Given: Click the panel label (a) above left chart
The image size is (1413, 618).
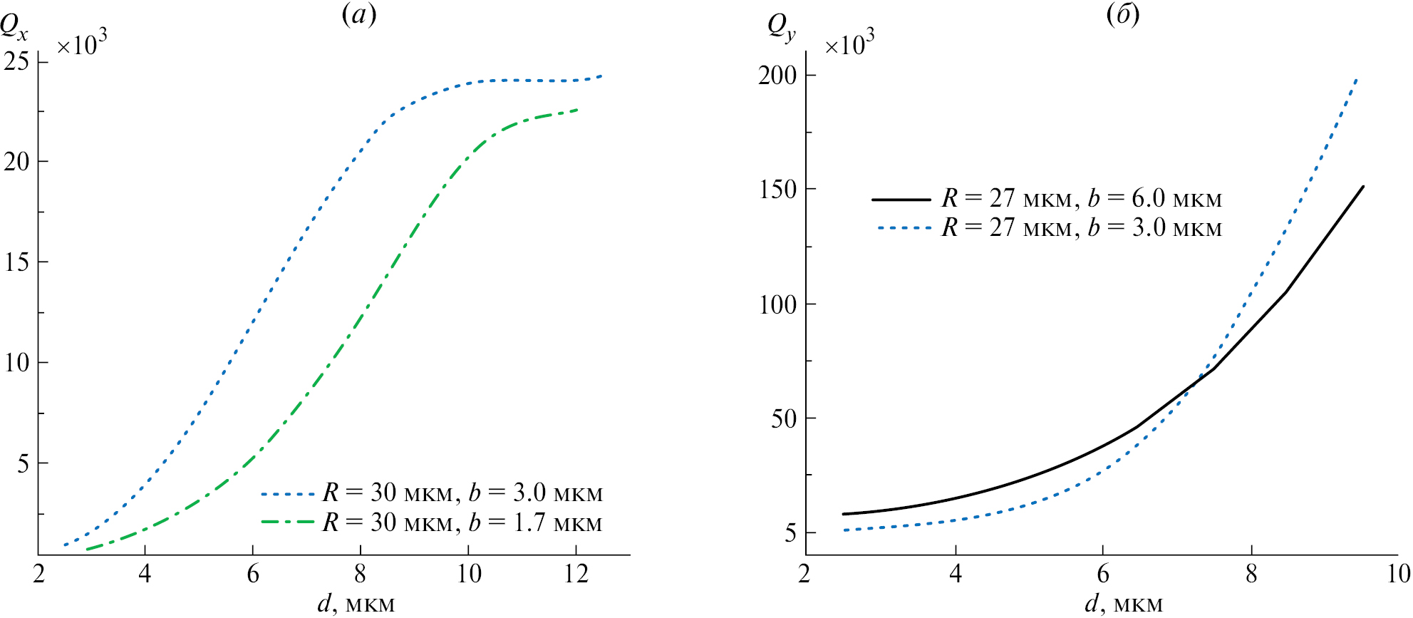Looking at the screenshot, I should pos(358,14).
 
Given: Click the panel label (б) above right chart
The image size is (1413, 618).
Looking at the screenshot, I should pos(1123,14).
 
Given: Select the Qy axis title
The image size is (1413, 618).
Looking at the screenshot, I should pos(781,27).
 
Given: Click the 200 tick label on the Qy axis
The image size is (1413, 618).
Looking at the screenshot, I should pos(777,75).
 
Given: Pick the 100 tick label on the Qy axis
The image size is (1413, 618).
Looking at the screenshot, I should pos(777,304).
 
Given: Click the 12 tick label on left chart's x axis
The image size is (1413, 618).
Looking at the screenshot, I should pos(576,574).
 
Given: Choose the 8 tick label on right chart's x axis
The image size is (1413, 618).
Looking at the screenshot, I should pos(1251,574).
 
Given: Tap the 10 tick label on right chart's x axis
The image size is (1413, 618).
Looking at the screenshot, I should pos(1398,574).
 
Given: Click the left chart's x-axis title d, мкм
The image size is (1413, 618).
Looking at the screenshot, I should pos(356,604).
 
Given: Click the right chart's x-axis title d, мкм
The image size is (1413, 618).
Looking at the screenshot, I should pos(1124,604).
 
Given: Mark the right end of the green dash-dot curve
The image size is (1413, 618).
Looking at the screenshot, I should pos(576,110).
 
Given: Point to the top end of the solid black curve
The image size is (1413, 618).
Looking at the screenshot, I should pos(1362,187).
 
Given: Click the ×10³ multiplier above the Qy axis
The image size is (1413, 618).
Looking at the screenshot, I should pos(849,44).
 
